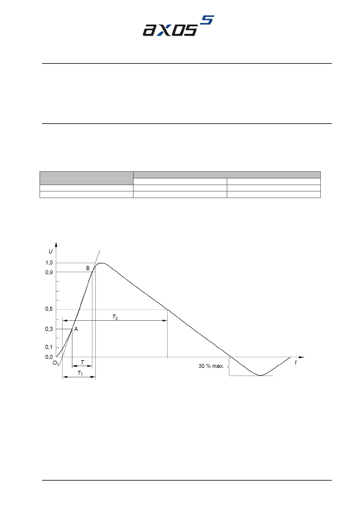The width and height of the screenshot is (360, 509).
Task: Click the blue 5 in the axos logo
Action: tap(207, 20)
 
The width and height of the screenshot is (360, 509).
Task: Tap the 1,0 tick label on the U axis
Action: tap(49, 263)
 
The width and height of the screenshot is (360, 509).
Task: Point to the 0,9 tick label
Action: tap(49, 272)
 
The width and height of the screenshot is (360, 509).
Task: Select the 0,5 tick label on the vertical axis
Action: tap(49, 309)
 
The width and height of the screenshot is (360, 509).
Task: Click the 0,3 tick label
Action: tap(49, 329)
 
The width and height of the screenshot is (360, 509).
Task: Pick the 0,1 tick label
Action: tap(49, 347)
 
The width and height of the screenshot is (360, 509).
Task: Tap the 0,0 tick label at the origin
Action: tap(49, 357)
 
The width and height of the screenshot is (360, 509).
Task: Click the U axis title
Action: tap(51, 251)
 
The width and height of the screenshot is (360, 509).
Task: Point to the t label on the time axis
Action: tap(296, 362)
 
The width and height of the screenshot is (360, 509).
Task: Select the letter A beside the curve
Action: tap(76, 329)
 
